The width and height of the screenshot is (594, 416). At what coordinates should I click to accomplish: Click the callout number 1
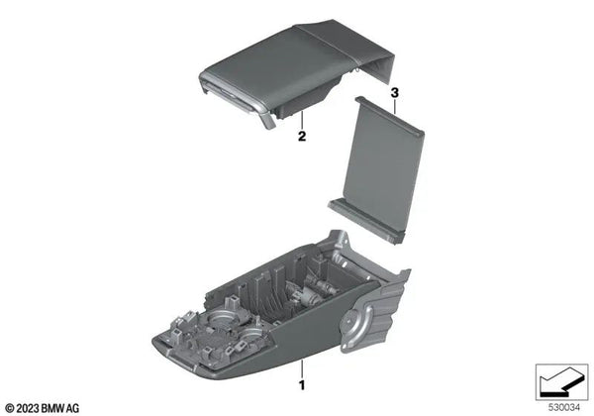click(x=301, y=380)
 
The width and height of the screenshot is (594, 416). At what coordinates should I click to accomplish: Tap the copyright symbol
click(x=10, y=406)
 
